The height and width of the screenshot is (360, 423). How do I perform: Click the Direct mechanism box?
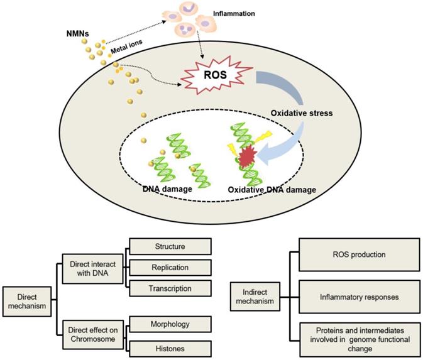tap(26, 298)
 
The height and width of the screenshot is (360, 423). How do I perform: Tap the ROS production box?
tap(358, 254)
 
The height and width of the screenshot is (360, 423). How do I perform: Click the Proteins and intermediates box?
tap(358, 336)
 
